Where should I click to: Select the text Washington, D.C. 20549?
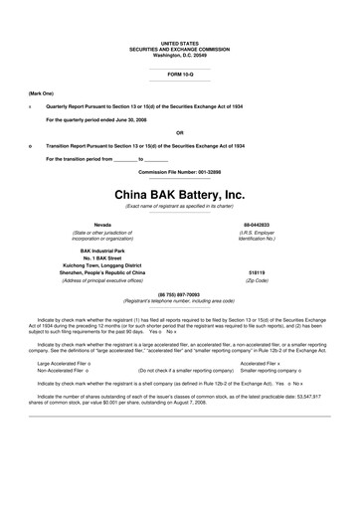tap(179, 55)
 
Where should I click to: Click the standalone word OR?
tap(179, 131)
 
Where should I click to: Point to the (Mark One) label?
tap(41, 91)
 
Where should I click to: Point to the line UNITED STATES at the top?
tap(179, 44)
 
